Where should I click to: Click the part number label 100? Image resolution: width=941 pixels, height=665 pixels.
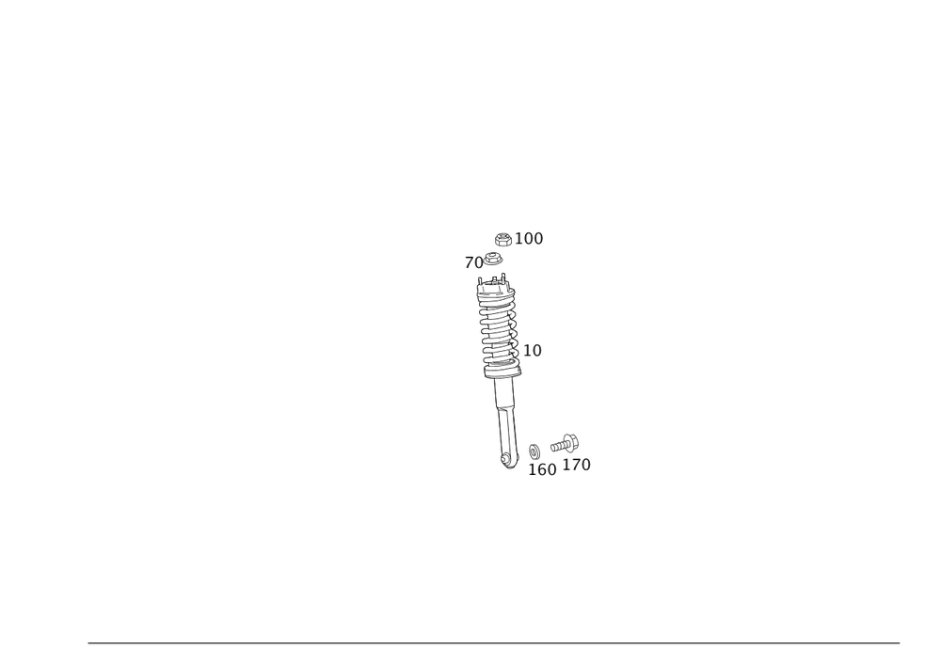pyautogui.click(x=530, y=240)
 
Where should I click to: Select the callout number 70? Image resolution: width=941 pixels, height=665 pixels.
pyautogui.click(x=472, y=262)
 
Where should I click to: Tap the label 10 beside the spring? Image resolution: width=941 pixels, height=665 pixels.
pyautogui.click(x=533, y=351)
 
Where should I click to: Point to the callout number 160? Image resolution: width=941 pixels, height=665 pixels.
pyautogui.click(x=543, y=468)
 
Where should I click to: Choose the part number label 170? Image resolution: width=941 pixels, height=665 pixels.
pyautogui.click(x=578, y=465)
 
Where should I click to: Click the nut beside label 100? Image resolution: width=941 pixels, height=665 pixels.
pyautogui.click(x=503, y=239)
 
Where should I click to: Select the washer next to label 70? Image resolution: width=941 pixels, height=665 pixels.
pyautogui.click(x=493, y=258)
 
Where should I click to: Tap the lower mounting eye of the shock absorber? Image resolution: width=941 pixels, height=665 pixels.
pyautogui.click(x=509, y=460)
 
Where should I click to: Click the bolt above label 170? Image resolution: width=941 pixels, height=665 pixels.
pyautogui.click(x=566, y=440)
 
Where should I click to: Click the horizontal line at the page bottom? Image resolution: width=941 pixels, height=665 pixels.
pyautogui.click(x=494, y=641)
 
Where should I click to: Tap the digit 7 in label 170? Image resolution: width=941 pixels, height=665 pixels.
pyautogui.click(x=575, y=465)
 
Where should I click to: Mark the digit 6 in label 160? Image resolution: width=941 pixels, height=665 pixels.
pyautogui.click(x=543, y=468)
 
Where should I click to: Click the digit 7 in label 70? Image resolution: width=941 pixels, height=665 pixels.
pyautogui.click(x=469, y=262)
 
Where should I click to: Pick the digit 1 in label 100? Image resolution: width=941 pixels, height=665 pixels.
pyautogui.click(x=518, y=240)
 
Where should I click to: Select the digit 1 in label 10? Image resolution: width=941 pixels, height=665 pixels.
pyautogui.click(x=527, y=351)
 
